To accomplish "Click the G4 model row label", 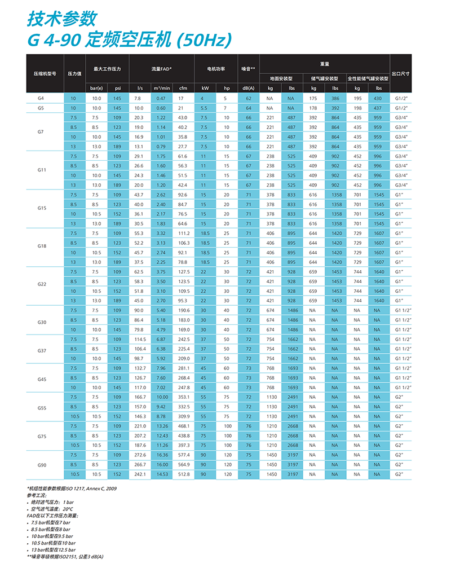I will point(41,98).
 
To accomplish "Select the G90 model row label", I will point(41,464).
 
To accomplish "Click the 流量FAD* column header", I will point(161,69).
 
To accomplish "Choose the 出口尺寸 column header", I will point(400,73).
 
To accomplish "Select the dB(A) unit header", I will point(248,88).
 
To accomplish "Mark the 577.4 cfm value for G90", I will point(183,455).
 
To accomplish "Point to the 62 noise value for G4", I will point(248,98).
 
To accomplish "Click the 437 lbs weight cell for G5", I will point(377,108).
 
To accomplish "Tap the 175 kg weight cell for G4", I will point(313,98).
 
